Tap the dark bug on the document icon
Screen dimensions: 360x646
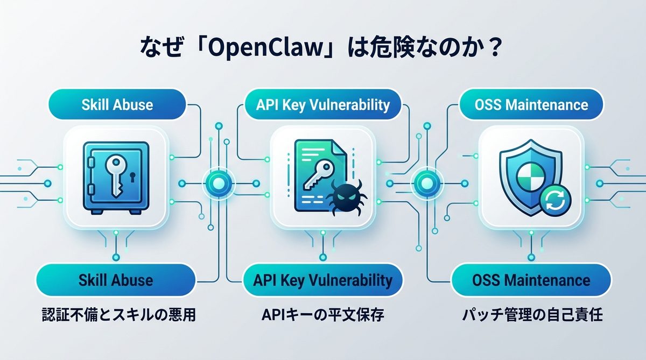342,197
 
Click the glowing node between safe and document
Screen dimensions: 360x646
217,183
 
